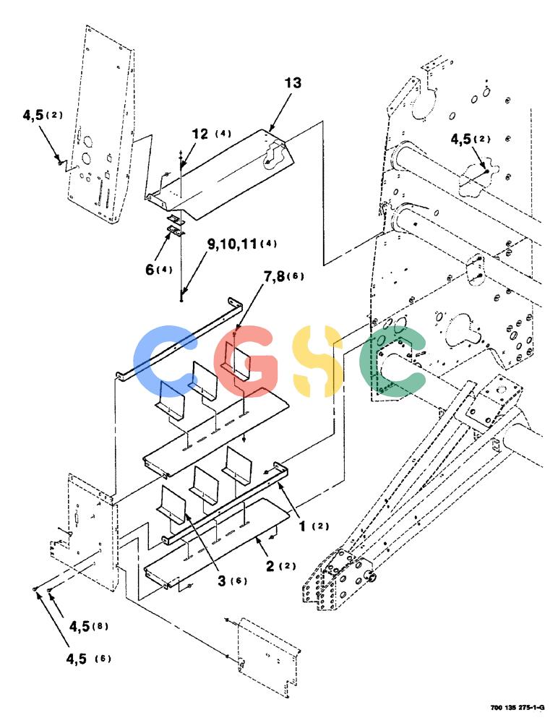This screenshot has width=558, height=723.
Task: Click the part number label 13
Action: pos(293,83)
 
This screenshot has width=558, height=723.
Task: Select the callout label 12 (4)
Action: pos(212,134)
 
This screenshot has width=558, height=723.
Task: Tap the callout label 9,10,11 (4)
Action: pos(242,244)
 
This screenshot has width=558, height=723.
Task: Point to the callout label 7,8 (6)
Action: pos(283,277)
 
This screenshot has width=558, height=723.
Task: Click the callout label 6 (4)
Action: pos(158,269)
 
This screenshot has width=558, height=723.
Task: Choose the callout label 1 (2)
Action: pos(314,526)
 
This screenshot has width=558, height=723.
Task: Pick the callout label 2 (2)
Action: pos(280,566)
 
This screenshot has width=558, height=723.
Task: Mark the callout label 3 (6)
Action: pos(232,581)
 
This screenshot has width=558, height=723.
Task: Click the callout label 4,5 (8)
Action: pos(88,626)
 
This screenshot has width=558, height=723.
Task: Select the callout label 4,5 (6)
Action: pos(88,659)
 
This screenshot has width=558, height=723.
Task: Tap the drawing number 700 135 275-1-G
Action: pos(518,707)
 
